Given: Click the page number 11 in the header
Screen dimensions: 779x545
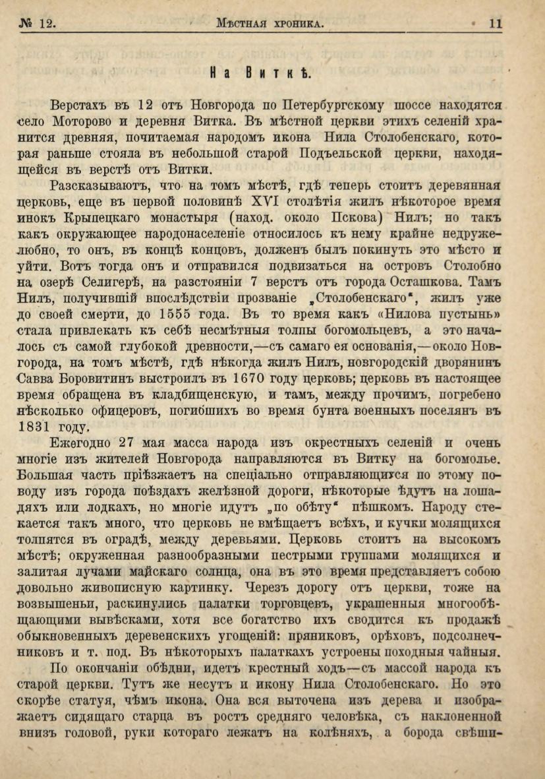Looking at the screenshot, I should (x=496, y=24).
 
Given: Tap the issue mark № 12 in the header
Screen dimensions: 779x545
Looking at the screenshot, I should (x=37, y=24).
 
